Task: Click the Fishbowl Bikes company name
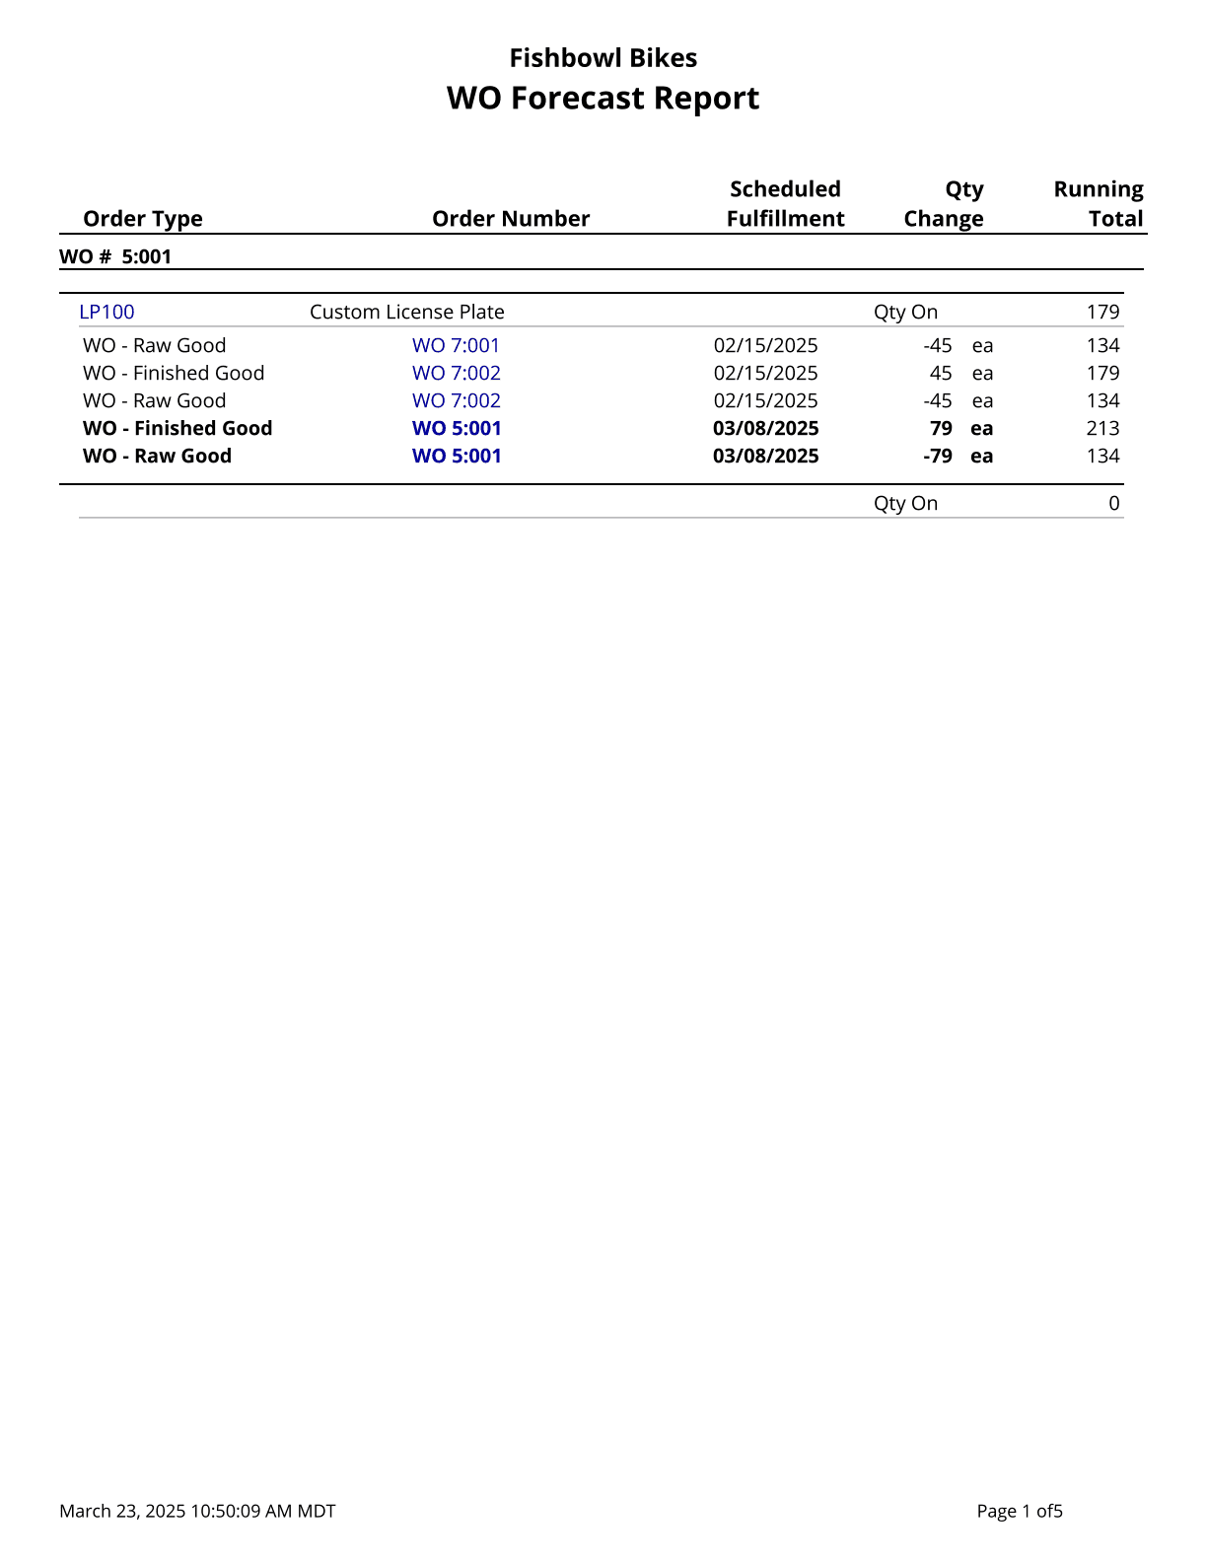click(603, 58)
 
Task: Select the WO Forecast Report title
click(603, 99)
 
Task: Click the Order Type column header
click(143, 219)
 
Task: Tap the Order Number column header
click(511, 219)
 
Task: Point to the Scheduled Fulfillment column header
click(785, 204)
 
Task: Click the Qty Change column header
click(944, 204)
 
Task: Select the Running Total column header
click(1099, 204)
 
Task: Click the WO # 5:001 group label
click(115, 257)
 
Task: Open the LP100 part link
click(106, 313)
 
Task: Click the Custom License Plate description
click(406, 313)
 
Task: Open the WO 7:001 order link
click(456, 346)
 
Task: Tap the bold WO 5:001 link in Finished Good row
click(457, 429)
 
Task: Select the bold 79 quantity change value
click(941, 429)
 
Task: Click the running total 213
click(1102, 429)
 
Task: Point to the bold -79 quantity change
click(937, 457)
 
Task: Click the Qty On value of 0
click(1113, 504)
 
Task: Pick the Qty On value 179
click(1102, 313)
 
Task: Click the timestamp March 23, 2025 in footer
click(197, 1512)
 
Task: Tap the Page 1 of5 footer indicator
click(1019, 1512)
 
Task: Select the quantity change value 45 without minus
click(941, 374)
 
